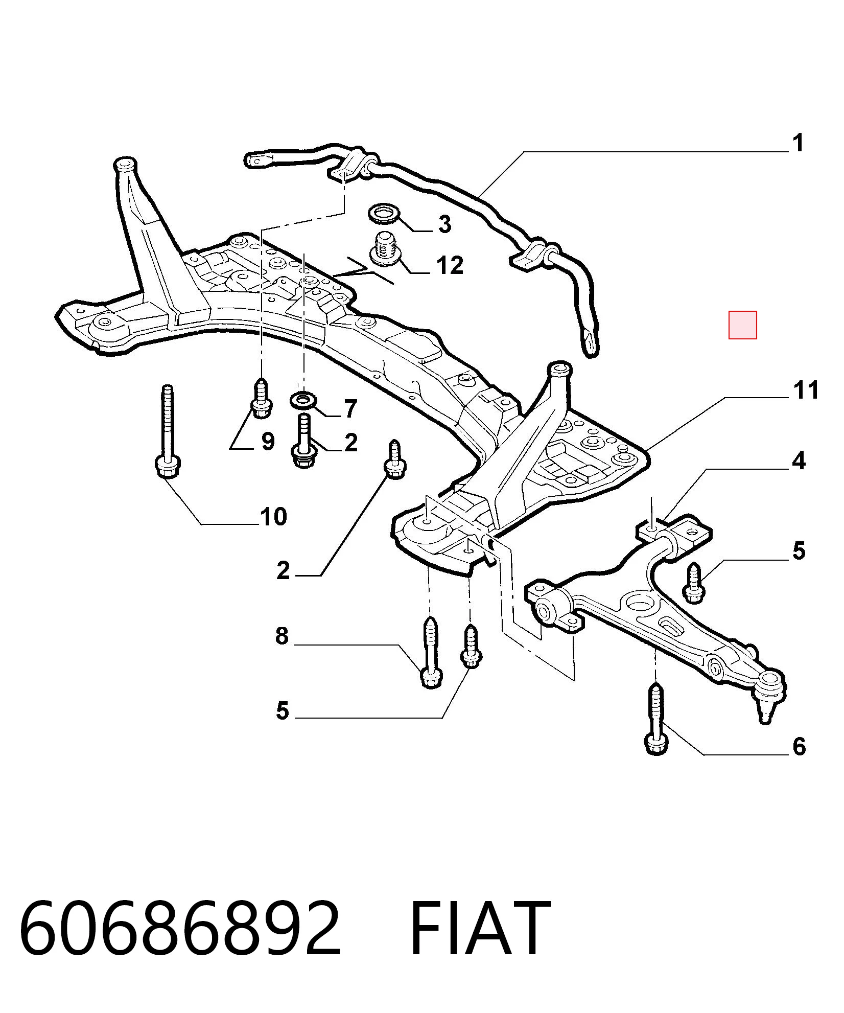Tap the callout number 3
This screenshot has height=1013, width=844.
click(444, 224)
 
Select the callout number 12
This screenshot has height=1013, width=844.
click(450, 265)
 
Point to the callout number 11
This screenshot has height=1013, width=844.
click(806, 390)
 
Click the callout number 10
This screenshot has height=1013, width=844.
click(273, 517)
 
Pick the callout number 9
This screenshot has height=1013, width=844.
click(268, 441)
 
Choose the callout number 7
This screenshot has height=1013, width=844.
click(350, 408)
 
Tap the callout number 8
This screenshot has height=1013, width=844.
click(282, 636)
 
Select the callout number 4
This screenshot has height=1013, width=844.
click(799, 461)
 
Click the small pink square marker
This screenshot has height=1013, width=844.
click(742, 325)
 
